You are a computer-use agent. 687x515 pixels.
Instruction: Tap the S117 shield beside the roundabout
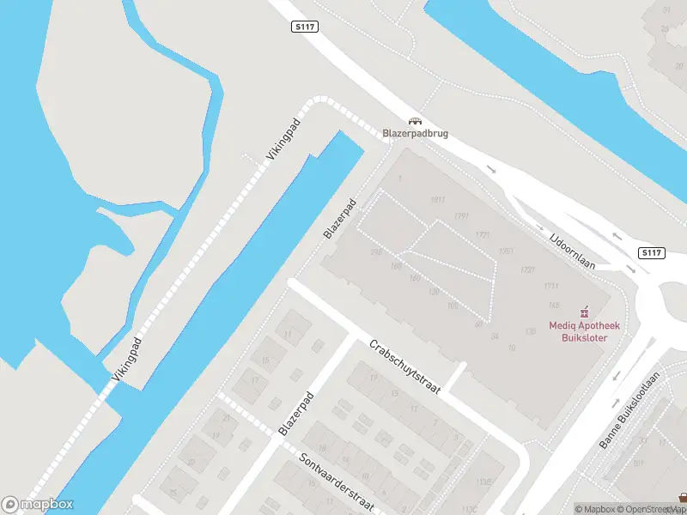(651, 252)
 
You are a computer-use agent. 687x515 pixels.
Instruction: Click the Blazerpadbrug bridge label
(415, 134)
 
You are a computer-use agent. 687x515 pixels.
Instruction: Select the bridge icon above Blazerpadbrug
(415, 121)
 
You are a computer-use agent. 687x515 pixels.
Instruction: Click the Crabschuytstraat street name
(404, 367)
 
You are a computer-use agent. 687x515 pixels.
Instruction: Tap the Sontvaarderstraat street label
(337, 482)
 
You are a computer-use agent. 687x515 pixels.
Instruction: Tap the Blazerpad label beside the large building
(339, 221)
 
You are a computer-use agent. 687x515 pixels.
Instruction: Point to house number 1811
(438, 200)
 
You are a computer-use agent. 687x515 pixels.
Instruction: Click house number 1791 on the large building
(462, 216)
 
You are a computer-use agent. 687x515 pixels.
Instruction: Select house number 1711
(550, 286)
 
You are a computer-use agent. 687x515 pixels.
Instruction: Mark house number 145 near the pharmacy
(553, 305)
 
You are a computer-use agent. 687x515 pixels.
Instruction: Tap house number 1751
(506, 251)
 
